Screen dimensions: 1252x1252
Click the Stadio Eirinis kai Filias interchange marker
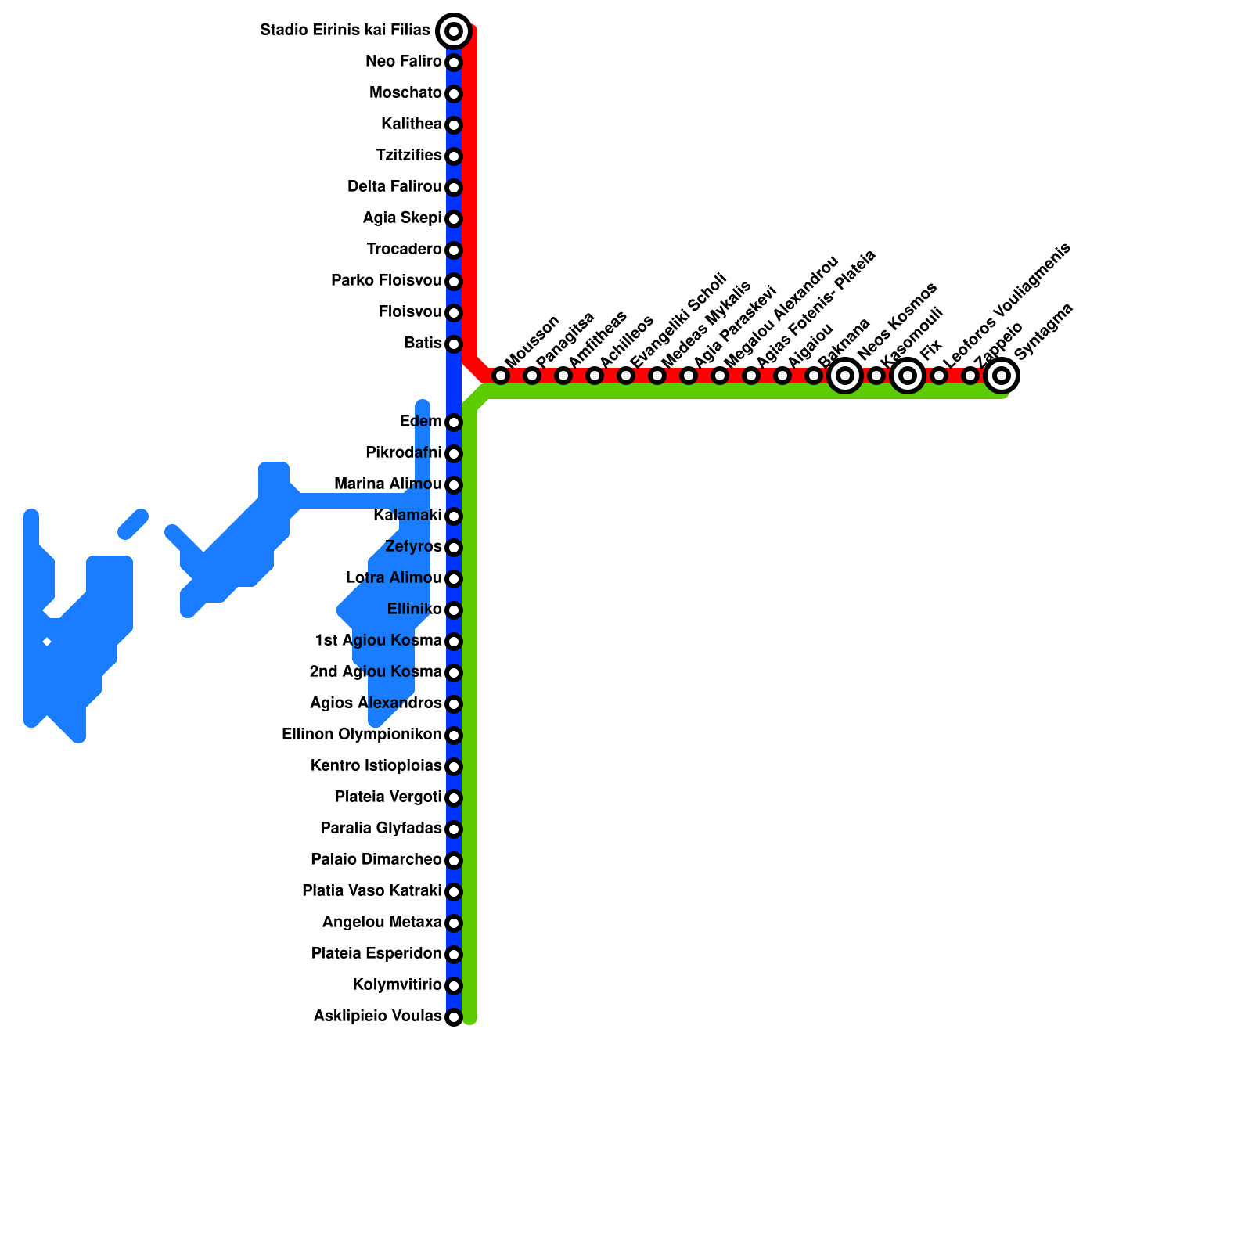click(x=454, y=31)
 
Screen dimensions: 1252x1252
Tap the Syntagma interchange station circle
click(x=1002, y=376)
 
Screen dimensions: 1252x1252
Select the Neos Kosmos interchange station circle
click(x=845, y=376)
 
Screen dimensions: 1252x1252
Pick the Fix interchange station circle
click(x=908, y=376)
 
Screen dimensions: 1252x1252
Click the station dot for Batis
click(x=454, y=344)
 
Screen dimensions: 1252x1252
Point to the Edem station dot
click(x=454, y=423)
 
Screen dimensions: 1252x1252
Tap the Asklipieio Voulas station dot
click(x=454, y=1017)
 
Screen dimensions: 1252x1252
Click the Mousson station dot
click(x=501, y=376)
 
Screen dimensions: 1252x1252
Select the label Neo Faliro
click(x=404, y=62)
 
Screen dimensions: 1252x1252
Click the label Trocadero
click(x=404, y=250)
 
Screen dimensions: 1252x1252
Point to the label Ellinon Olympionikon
click(x=362, y=735)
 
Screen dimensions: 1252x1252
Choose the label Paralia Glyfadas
click(x=381, y=829)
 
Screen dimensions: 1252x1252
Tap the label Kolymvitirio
click(x=398, y=985)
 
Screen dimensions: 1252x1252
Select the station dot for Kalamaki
click(x=454, y=516)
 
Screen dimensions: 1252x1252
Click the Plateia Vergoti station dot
click(x=454, y=798)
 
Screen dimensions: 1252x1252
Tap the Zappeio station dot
click(x=970, y=376)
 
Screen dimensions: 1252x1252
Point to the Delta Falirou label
click(x=394, y=187)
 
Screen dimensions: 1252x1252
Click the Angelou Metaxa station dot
click(x=454, y=923)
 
